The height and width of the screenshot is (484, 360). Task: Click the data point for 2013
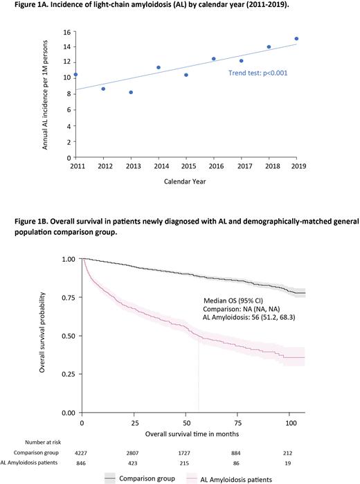(131, 92)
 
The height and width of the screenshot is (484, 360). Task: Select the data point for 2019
(296, 39)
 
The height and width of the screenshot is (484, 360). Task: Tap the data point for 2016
(213, 59)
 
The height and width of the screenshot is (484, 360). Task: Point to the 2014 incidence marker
(159, 68)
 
